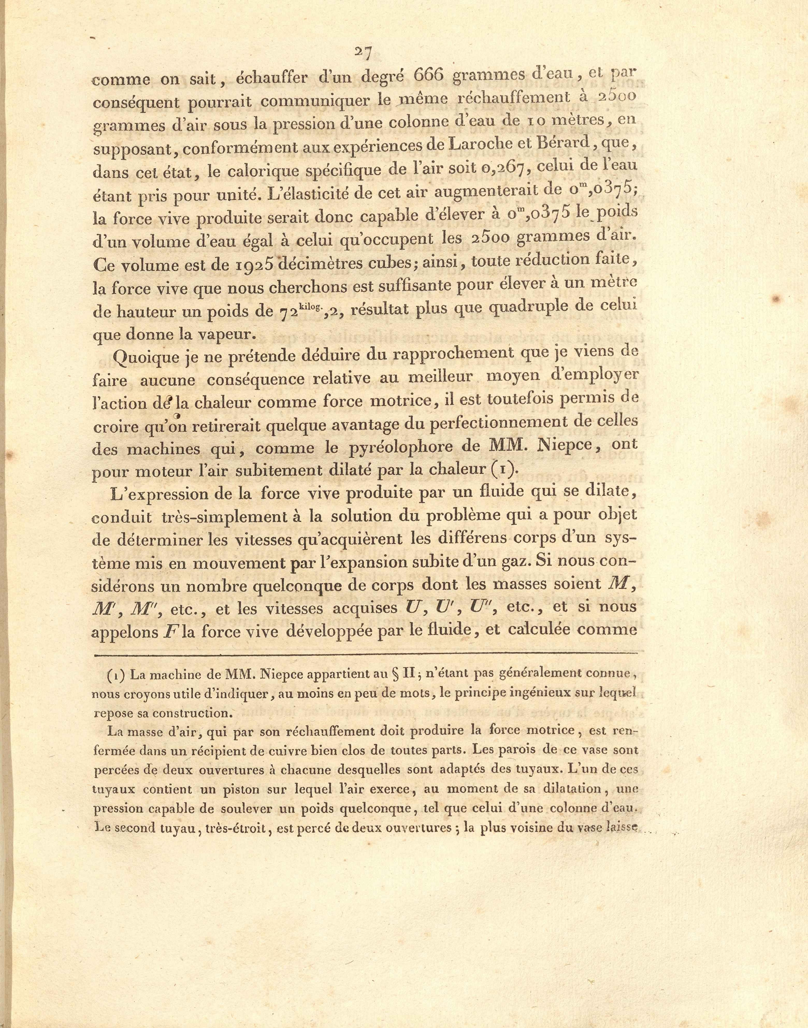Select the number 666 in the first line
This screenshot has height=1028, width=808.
429,75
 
